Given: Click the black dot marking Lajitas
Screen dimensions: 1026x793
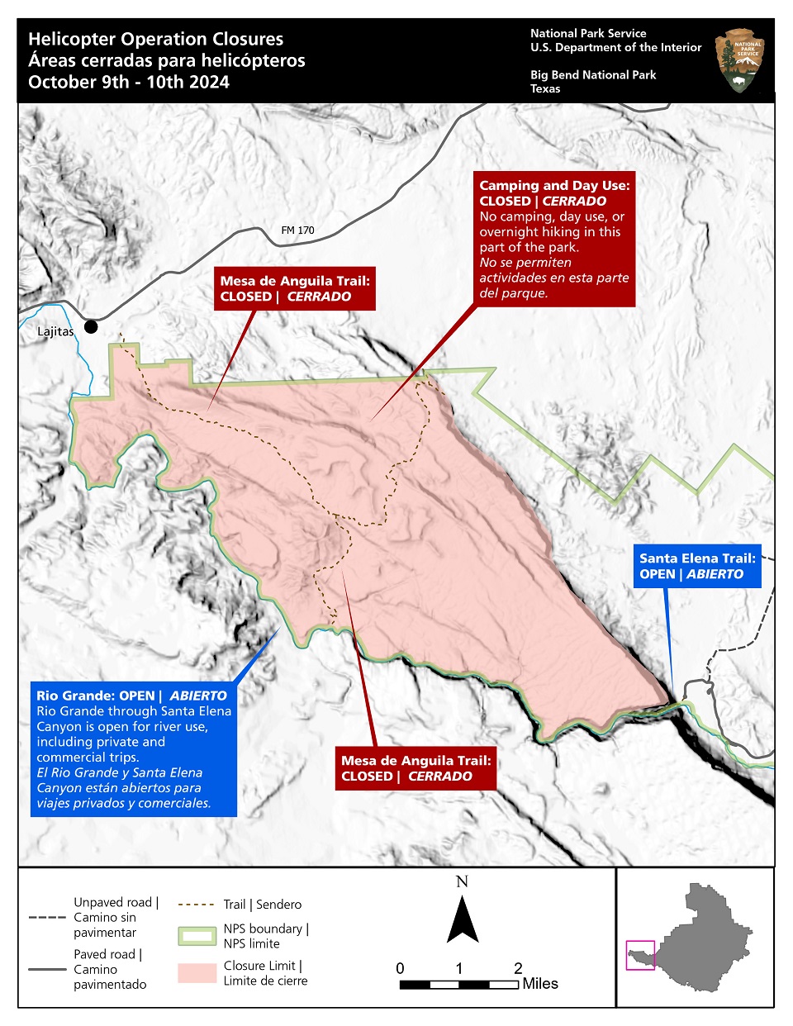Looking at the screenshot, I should tap(91, 327).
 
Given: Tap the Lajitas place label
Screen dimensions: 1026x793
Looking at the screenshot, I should tap(55, 331).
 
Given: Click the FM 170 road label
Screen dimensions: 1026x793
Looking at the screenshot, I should tap(297, 230).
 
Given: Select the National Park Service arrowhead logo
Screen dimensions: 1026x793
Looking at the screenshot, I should tap(739, 60).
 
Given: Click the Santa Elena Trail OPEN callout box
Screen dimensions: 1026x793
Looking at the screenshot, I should tap(697, 566).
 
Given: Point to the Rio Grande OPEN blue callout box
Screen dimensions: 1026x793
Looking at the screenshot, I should tap(133, 748).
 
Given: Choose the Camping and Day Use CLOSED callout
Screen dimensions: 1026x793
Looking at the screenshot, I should tap(554, 239).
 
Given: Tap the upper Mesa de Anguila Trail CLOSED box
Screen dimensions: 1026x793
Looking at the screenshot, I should tap(295, 288).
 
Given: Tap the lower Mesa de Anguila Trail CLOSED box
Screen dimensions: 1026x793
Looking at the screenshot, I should tap(415, 768).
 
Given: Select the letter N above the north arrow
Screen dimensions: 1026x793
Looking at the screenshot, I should tap(462, 881).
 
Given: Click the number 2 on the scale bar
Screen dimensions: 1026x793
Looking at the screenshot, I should tap(518, 968).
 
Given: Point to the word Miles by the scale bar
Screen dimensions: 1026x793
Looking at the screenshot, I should tap(540, 984).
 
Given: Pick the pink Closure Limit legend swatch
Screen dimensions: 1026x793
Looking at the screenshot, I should tap(197, 972).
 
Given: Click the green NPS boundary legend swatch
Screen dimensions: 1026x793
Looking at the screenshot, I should tap(197, 936).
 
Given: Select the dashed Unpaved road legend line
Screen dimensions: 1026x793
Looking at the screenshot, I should tap(47, 917).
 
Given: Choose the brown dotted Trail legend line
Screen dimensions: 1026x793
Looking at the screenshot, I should tap(196, 905).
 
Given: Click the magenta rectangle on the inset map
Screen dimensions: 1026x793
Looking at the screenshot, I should tap(640, 955).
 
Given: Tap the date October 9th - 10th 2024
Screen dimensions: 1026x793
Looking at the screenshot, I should tap(129, 82).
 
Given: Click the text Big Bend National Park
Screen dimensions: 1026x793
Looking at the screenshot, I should tap(593, 74).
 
